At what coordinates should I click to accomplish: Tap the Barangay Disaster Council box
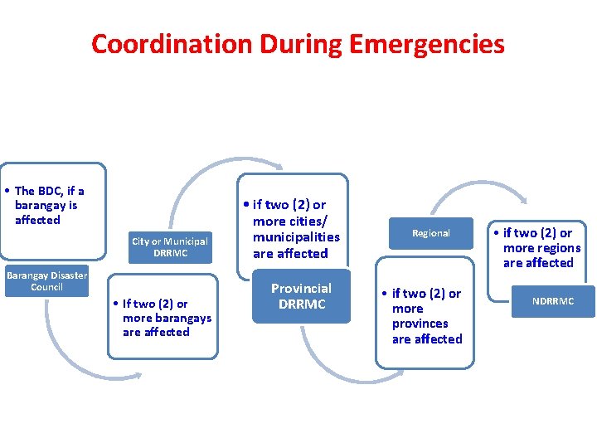pos(46,281)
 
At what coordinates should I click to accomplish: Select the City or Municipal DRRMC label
pos(169,247)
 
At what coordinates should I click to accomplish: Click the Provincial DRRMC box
pos(301,296)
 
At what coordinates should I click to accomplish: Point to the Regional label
pos(431,233)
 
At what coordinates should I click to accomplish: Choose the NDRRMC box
pos(553,301)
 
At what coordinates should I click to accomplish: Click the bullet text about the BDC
pos(49,205)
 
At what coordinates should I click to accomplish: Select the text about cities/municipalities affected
pos(296,228)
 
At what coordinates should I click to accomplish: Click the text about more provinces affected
pos(427,316)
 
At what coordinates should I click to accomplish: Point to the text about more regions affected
pos(541,247)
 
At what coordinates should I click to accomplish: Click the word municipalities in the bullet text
pos(296,237)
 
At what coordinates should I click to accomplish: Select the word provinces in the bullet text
pos(420,324)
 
